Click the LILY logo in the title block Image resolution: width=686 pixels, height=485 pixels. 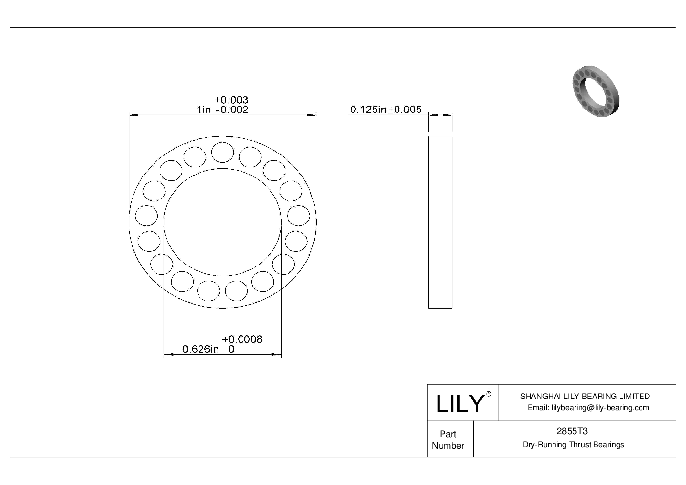[x=459, y=403]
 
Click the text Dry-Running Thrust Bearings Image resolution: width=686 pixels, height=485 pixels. [x=573, y=445]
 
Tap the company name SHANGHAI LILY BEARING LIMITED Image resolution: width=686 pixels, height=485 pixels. [x=585, y=396]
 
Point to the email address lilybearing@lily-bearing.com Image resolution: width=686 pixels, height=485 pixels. [x=588, y=408]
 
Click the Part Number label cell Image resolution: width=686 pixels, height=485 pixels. [x=448, y=440]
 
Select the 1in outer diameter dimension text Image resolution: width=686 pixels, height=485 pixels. [x=203, y=110]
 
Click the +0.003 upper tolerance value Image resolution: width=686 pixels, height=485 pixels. [x=231, y=100]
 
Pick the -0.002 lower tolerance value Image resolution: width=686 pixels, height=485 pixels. [x=232, y=110]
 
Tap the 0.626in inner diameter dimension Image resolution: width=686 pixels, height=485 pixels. [x=200, y=349]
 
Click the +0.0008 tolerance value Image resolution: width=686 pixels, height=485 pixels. [x=242, y=339]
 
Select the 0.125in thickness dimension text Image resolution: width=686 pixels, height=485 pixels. [x=369, y=109]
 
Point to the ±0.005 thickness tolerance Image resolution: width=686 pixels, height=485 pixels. [x=405, y=109]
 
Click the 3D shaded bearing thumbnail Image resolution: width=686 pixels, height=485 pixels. [x=595, y=92]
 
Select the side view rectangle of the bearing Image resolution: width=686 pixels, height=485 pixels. [x=440, y=222]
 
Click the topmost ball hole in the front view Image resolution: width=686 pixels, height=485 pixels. [x=222, y=152]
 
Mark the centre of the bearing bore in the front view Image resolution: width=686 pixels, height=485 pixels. [x=222, y=222]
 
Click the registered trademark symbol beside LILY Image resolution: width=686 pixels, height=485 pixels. [x=488, y=394]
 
